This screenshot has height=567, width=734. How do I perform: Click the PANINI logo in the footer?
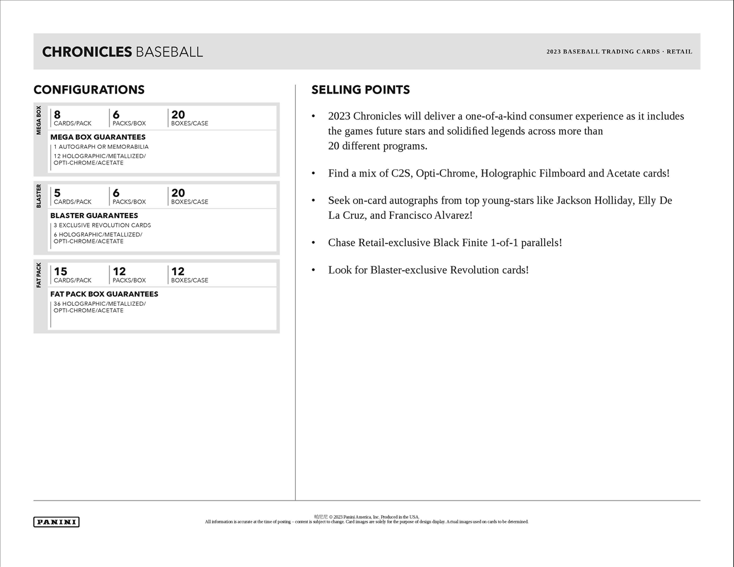point(56,522)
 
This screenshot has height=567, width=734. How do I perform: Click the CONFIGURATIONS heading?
point(89,90)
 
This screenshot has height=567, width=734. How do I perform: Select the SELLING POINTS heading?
point(361,90)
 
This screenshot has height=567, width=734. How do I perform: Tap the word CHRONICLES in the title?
point(86,52)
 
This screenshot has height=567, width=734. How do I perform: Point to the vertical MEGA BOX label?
point(39,121)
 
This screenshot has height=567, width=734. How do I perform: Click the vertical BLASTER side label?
point(39,196)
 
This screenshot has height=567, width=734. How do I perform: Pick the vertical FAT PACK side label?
point(39,275)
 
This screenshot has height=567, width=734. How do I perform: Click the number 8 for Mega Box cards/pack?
point(57,115)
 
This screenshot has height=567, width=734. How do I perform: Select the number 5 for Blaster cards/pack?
point(57,193)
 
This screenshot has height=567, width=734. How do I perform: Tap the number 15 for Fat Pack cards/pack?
point(61,271)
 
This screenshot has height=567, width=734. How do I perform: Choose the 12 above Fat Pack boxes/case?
point(178,271)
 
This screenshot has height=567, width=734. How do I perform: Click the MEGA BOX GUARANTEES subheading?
point(98,137)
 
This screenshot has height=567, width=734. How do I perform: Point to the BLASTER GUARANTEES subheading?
point(94,215)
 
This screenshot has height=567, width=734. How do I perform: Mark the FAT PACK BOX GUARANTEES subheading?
point(104,294)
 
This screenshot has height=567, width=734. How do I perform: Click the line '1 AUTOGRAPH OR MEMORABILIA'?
point(101,147)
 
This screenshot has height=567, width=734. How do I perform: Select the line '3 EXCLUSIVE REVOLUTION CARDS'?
point(102,225)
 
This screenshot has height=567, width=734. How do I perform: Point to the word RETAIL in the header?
point(679,52)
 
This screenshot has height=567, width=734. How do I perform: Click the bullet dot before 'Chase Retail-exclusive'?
point(313,242)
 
